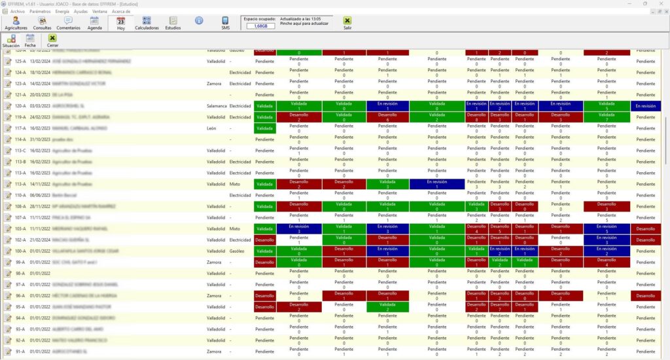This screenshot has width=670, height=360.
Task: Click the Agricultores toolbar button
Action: pyautogui.click(x=16, y=24)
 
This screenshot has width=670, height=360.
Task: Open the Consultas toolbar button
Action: pyautogui.click(x=42, y=24)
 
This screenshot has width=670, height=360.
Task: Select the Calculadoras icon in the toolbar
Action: pyautogui.click(x=147, y=24)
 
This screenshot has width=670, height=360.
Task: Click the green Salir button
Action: pyautogui.click(x=347, y=24)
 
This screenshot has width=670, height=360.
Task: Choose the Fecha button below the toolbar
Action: pyautogui.click(x=30, y=41)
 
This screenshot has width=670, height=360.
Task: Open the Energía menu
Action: pyautogui.click(x=62, y=12)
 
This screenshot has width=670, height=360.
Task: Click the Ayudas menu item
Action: pyautogui.click(x=80, y=12)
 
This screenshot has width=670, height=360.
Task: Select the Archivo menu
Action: pyautogui.click(x=18, y=12)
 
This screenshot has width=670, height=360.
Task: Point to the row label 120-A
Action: pyautogui.click(x=20, y=105)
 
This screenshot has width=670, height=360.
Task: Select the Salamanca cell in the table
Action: pyautogui.click(x=217, y=105)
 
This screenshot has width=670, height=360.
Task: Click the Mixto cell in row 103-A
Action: pyautogui.click(x=234, y=228)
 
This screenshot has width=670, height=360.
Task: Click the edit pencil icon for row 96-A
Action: pyautogui.click(x=8, y=296)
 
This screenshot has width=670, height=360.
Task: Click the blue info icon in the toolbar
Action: pyautogui.click(x=199, y=21)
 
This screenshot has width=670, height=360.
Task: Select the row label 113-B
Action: pyautogui.click(x=20, y=161)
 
